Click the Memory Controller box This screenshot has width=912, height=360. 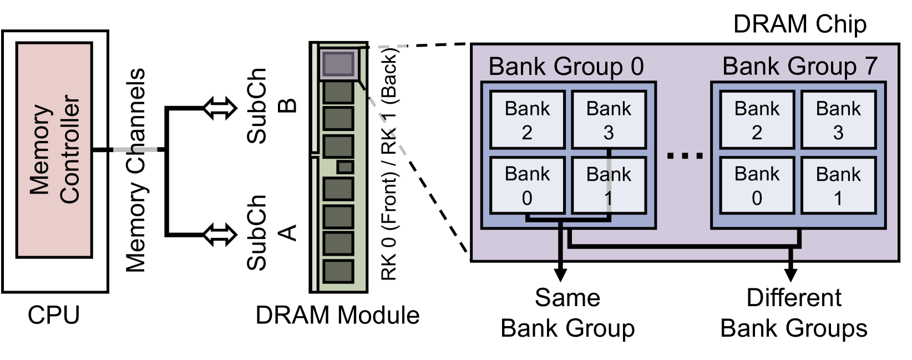click(54, 150)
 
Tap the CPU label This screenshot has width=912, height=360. click(54, 315)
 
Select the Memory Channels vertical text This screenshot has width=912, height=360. click(135, 170)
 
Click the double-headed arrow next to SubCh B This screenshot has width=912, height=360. click(220, 108)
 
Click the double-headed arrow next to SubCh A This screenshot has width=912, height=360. click(220, 235)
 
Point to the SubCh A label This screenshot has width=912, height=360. click(272, 232)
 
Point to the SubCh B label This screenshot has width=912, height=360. click(272, 105)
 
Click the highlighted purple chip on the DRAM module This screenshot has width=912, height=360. click(337, 64)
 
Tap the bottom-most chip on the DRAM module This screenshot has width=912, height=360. click(338, 271)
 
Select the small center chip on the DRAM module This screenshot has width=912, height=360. click(345, 167)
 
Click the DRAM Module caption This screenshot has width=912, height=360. click(337, 315)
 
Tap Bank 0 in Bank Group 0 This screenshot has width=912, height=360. click(527, 186)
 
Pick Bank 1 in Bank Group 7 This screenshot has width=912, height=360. click(838, 186)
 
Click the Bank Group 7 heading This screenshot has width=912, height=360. click(799, 67)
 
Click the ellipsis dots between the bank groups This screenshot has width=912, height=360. click(685, 156)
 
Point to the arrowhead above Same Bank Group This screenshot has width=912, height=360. click(561, 274)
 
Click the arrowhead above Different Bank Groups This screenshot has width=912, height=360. click(791, 274)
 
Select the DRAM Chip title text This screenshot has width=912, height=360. click(799, 24)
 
